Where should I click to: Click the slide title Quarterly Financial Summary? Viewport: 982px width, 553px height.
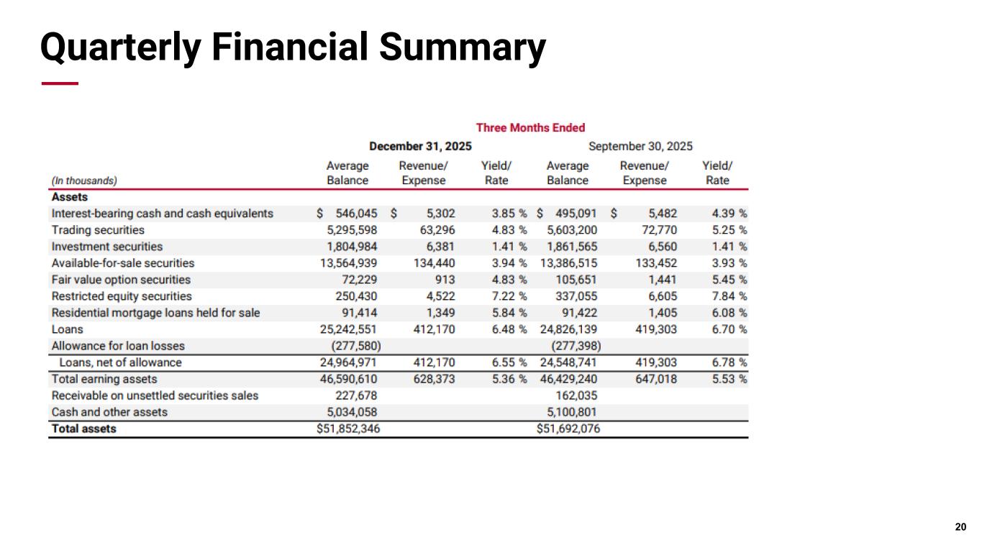(x=292, y=47)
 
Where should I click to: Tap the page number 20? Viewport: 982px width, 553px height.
(x=960, y=528)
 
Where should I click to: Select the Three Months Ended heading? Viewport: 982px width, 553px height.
(x=531, y=128)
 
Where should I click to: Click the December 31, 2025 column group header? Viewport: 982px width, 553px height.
(x=420, y=147)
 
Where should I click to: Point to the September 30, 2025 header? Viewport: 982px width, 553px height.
(x=640, y=147)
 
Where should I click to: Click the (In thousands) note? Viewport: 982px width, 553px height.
(x=84, y=180)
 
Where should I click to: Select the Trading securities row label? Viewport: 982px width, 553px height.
(x=98, y=230)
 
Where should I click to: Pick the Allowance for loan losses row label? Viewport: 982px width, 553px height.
(x=118, y=346)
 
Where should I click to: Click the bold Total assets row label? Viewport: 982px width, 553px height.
(x=83, y=429)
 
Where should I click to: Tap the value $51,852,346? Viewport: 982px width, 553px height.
(x=348, y=429)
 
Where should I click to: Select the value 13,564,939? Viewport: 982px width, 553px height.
(x=350, y=263)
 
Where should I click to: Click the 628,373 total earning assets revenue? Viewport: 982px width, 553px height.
(x=434, y=379)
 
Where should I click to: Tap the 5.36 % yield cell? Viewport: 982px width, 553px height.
(x=509, y=379)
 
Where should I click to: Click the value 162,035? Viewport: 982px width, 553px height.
(x=576, y=396)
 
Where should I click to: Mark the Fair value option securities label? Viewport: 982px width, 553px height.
(x=121, y=280)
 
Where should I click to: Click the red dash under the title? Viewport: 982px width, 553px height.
(x=60, y=84)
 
